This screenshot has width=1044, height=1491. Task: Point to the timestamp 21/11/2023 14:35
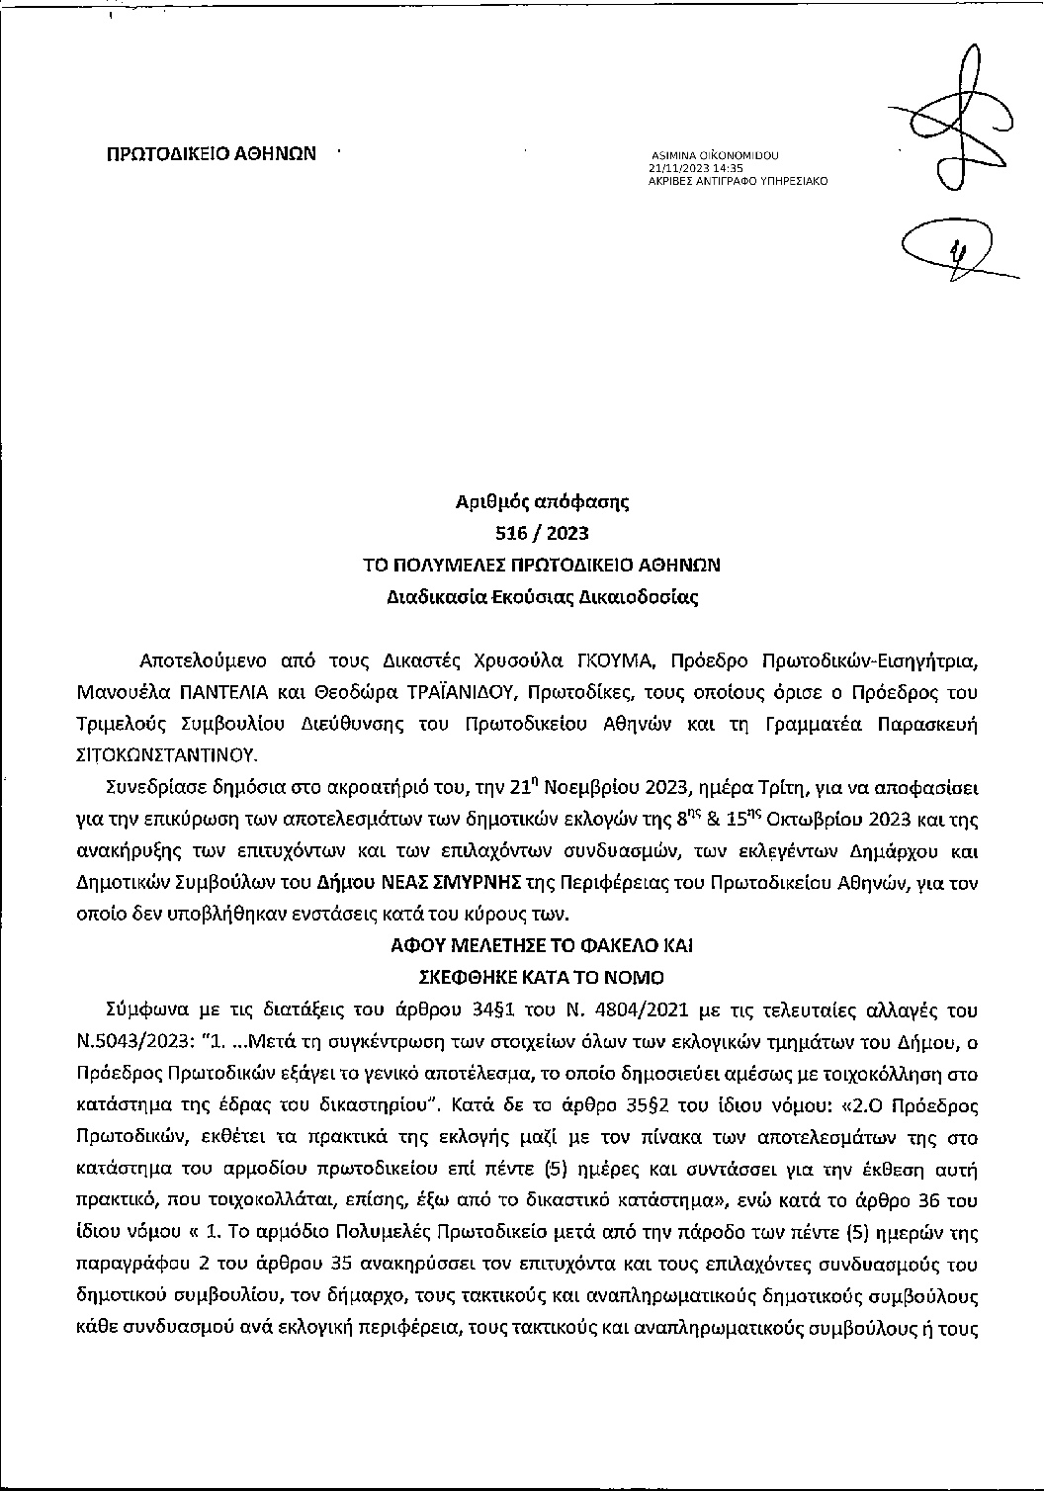(689, 169)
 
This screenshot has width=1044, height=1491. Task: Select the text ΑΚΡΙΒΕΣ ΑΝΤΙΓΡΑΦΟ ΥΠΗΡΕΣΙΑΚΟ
(738, 182)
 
